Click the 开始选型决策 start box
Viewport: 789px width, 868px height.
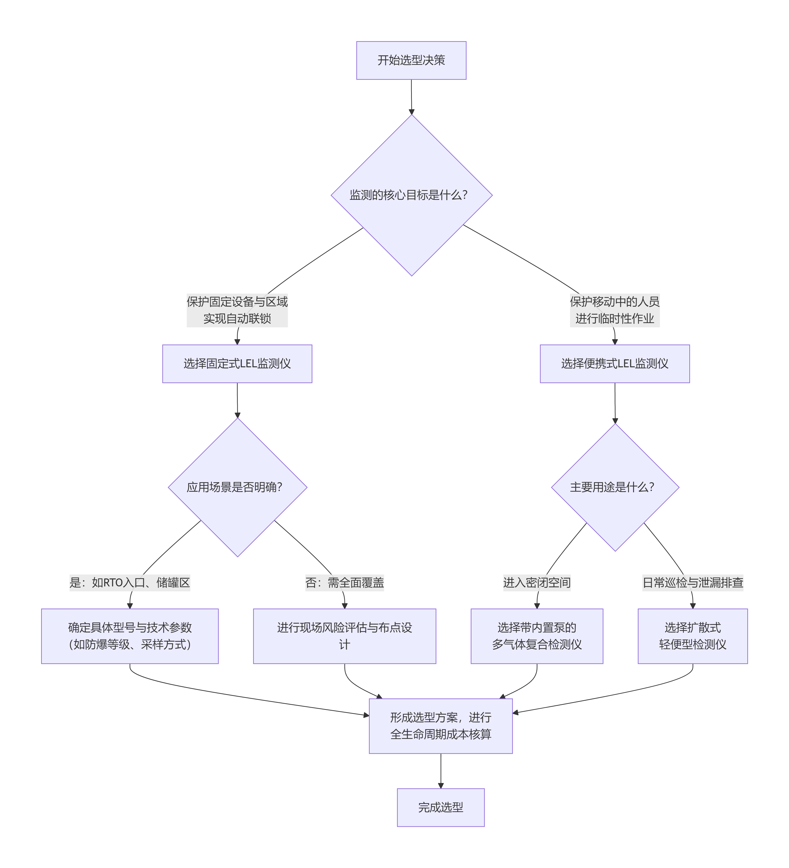tap(411, 60)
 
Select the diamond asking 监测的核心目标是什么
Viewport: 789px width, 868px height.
tap(411, 195)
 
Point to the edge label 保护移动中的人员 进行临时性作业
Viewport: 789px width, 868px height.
tap(615, 310)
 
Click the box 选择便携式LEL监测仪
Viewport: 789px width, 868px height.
tap(615, 364)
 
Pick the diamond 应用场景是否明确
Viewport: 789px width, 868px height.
tap(237, 487)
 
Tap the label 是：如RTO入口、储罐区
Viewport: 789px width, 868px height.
tap(130, 583)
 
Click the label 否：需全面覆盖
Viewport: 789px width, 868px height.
tap(344, 583)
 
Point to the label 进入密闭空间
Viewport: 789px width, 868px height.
tap(537, 583)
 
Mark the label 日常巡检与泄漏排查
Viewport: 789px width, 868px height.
tap(693, 583)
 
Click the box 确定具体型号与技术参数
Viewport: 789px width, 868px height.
tap(130, 636)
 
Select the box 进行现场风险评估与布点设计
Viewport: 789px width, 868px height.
tap(344, 636)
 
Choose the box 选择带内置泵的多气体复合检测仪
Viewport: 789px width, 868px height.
tap(537, 636)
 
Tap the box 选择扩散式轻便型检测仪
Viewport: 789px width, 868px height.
tap(693, 636)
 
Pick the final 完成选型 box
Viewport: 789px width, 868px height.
tap(440, 807)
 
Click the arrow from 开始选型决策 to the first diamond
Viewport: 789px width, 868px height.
tap(412, 97)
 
